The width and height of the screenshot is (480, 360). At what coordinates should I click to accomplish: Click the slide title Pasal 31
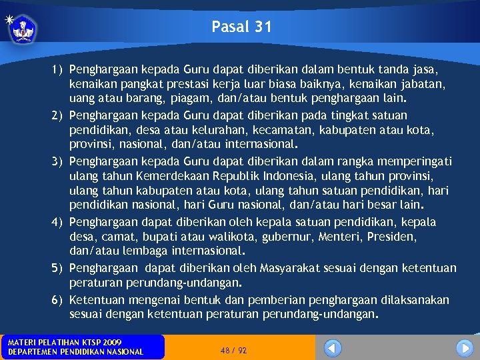[x=241, y=27]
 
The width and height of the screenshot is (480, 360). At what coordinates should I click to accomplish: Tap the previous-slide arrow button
[x=333, y=347]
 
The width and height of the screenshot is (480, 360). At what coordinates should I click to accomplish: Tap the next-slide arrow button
[x=464, y=347]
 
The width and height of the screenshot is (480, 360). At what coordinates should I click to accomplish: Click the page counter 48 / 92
[x=233, y=350]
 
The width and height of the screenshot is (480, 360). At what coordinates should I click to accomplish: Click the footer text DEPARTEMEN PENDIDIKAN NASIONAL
[x=75, y=352]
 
